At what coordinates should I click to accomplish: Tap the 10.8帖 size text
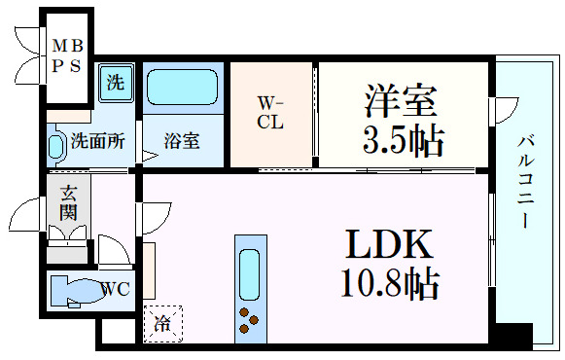click(389, 283)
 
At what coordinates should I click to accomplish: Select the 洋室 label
click(402, 100)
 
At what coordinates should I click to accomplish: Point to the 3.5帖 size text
click(403, 140)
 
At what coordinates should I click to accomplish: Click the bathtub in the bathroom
click(183, 90)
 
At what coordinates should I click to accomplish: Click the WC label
click(114, 289)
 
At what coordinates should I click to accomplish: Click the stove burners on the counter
click(250, 318)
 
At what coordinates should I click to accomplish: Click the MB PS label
click(67, 55)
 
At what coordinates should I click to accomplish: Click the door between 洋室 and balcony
click(499, 112)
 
